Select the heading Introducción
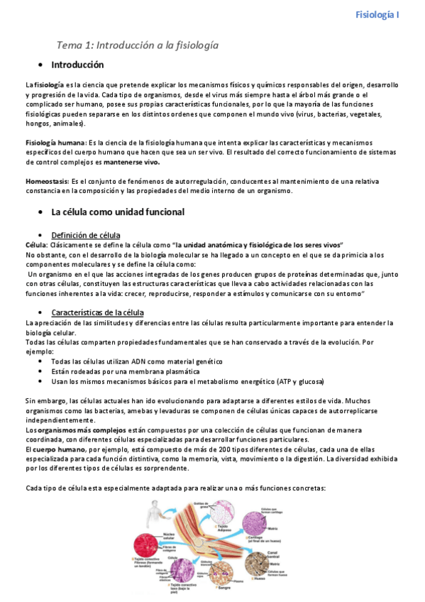pyautogui.click(x=78, y=65)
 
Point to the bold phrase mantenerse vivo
pyautogui.click(x=132, y=162)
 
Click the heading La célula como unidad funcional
pyautogui.click(x=118, y=212)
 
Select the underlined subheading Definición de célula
pyautogui.click(x=86, y=235)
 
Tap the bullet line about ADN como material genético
pyautogui.click(x=132, y=361)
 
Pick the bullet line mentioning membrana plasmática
pyautogui.click(x=125, y=371)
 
